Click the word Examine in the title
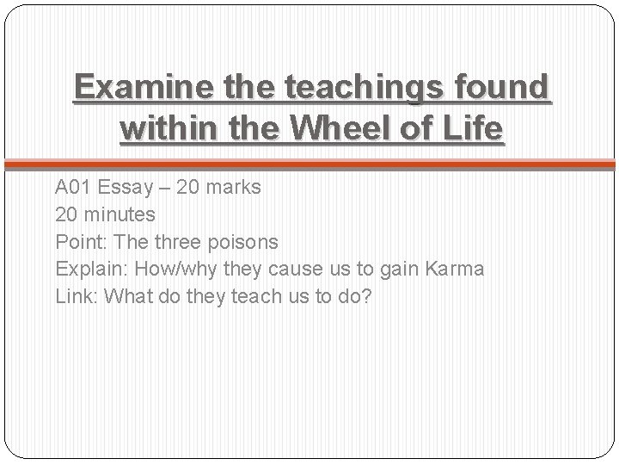[x=142, y=88]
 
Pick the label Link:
[x=75, y=296]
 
